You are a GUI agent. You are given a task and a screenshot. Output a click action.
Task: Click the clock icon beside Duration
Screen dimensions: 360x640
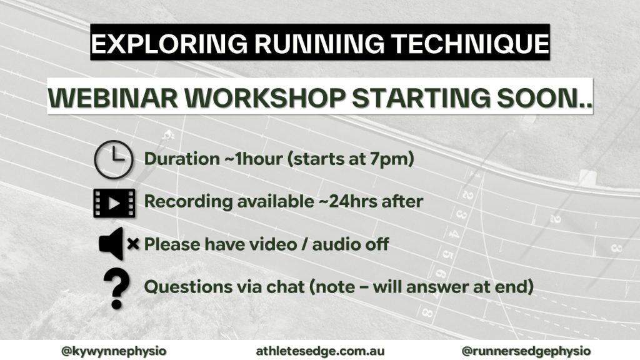(x=113, y=159)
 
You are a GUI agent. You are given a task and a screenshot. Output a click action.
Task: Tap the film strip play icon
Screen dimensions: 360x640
(x=113, y=202)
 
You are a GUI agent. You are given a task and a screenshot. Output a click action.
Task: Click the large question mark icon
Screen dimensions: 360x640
(x=116, y=286)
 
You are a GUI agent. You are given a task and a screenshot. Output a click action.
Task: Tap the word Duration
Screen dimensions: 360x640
(x=176, y=159)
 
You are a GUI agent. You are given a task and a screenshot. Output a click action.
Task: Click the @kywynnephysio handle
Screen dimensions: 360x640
(x=105, y=351)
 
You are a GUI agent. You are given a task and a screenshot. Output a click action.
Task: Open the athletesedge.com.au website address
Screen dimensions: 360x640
(x=319, y=351)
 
